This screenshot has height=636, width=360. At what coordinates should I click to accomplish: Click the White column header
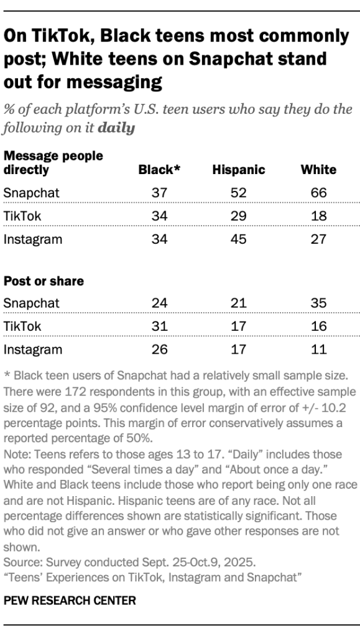coord(318,170)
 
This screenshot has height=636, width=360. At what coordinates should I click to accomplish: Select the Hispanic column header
coord(238,170)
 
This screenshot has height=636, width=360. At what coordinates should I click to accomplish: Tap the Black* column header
coord(159,170)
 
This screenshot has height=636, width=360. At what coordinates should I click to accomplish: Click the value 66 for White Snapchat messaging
coord(318,193)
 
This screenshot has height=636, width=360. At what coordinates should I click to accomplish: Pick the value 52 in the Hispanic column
coord(238,193)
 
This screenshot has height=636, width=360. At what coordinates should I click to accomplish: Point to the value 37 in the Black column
coord(159,193)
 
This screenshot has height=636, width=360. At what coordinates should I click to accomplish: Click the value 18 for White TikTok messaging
coord(318,216)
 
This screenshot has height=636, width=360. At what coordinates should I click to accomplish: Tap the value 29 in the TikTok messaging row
coord(238,216)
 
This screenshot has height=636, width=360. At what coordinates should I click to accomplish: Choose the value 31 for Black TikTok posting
coord(159,326)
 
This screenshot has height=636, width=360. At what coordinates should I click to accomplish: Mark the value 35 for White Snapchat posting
coord(318,303)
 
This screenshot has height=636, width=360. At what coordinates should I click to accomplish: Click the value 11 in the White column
coord(318,349)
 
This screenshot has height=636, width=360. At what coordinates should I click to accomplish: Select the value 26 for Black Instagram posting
coord(159,349)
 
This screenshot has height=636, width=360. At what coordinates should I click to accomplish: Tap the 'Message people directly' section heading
coord(53,162)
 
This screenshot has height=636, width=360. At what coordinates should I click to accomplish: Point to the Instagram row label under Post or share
coord(33,349)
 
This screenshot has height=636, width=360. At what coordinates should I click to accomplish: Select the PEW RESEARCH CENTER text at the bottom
coord(70,601)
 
